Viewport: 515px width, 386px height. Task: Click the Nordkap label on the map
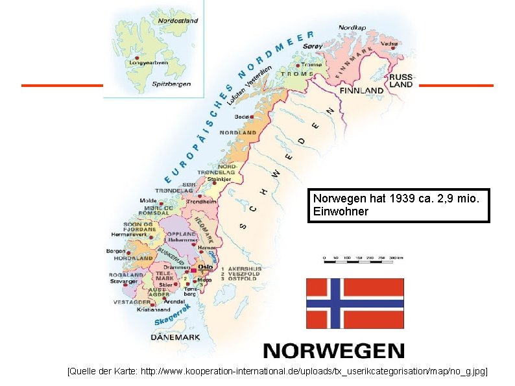pyautogui.click(x=352, y=27)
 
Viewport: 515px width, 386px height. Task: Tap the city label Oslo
pyautogui.click(x=205, y=267)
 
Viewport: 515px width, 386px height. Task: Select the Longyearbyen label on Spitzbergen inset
pyautogui.click(x=148, y=63)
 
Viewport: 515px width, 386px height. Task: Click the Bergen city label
pyautogui.click(x=116, y=250)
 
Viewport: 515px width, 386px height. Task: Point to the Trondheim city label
pyautogui.click(x=201, y=202)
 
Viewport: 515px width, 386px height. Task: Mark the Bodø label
pyautogui.click(x=242, y=117)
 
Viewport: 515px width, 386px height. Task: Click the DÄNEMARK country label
pyautogui.click(x=175, y=337)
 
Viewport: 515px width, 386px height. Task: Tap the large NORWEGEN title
pyautogui.click(x=333, y=351)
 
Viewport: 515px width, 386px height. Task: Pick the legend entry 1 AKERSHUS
pyautogui.click(x=241, y=268)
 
